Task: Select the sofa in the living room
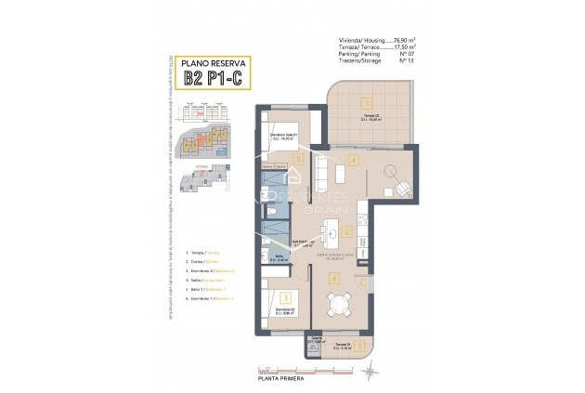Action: tap(321, 173)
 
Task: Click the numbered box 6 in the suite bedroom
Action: tap(297, 159)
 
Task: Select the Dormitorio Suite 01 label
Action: tap(283, 135)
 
